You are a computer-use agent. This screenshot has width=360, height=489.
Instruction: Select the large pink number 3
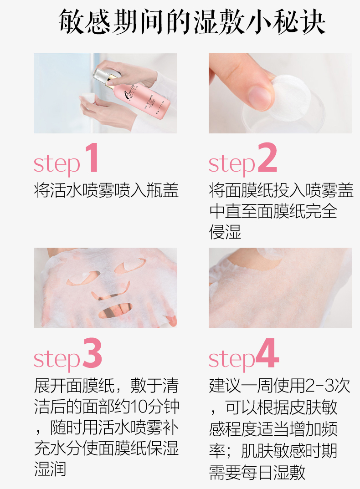tap(93, 353)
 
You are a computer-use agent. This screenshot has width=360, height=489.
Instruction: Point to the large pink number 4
tap(267, 353)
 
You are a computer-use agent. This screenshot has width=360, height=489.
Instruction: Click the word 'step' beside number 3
tap(57, 360)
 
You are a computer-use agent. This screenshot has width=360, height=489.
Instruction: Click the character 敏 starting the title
tap(71, 21)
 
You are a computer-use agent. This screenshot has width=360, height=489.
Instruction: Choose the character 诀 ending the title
tap(313, 21)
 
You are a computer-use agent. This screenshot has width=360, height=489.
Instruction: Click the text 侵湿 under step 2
tap(225, 232)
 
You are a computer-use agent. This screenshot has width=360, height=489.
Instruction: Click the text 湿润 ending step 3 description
tap(50, 469)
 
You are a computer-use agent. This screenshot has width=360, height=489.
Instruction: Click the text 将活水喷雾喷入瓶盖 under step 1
tap(106, 190)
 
